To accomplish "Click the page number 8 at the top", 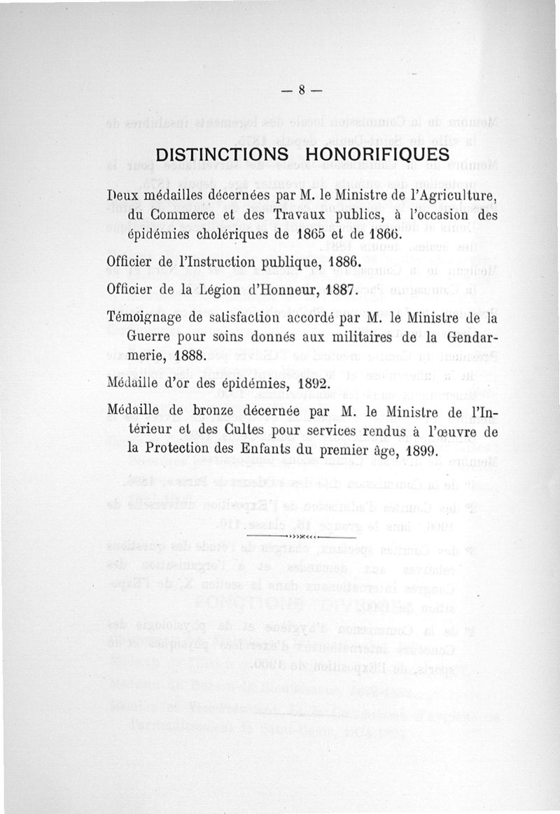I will click(302, 90).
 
